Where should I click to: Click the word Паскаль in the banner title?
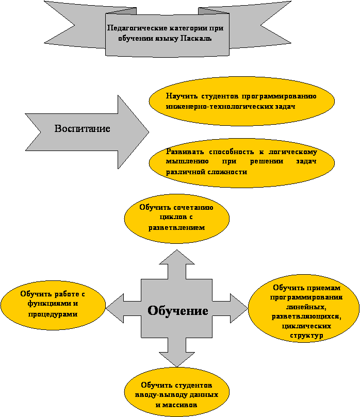(x=196, y=38)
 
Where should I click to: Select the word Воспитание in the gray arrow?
(x=82, y=128)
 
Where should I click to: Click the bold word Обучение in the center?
(x=178, y=311)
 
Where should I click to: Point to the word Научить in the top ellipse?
(x=182, y=96)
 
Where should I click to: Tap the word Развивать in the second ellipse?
(x=185, y=152)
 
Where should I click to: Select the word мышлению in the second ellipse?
(x=187, y=161)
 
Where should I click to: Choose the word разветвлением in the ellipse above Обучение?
(x=177, y=228)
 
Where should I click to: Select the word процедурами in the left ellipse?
(x=53, y=314)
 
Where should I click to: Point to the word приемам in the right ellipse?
(x=323, y=288)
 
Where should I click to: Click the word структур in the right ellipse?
(x=306, y=336)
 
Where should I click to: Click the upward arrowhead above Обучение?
(x=177, y=257)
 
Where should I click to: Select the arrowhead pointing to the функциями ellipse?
(x=114, y=308)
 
